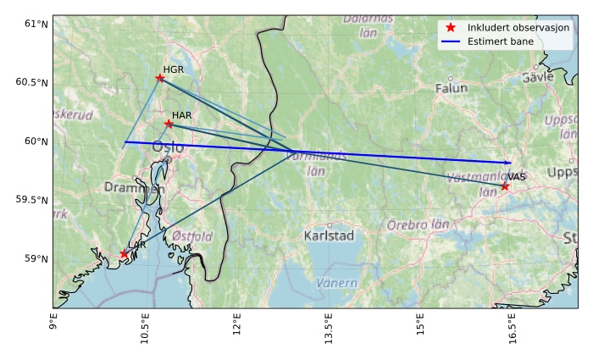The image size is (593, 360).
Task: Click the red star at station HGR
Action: coord(160,78)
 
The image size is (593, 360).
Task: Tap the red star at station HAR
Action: coord(169,124)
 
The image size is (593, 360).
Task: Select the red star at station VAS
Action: coord(505,186)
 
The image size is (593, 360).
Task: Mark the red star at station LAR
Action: coord(125,254)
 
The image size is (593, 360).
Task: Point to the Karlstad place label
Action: coord(329,235)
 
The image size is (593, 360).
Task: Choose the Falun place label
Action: coord(451,88)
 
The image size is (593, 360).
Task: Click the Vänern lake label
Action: coord(336,282)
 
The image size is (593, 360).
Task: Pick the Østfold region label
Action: coord(191,236)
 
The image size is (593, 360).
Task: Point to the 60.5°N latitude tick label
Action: coord(32,82)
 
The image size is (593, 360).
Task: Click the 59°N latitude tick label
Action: coord(36,258)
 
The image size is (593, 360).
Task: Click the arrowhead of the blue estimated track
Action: coord(509,162)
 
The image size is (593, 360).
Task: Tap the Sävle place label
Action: coord(537,76)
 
